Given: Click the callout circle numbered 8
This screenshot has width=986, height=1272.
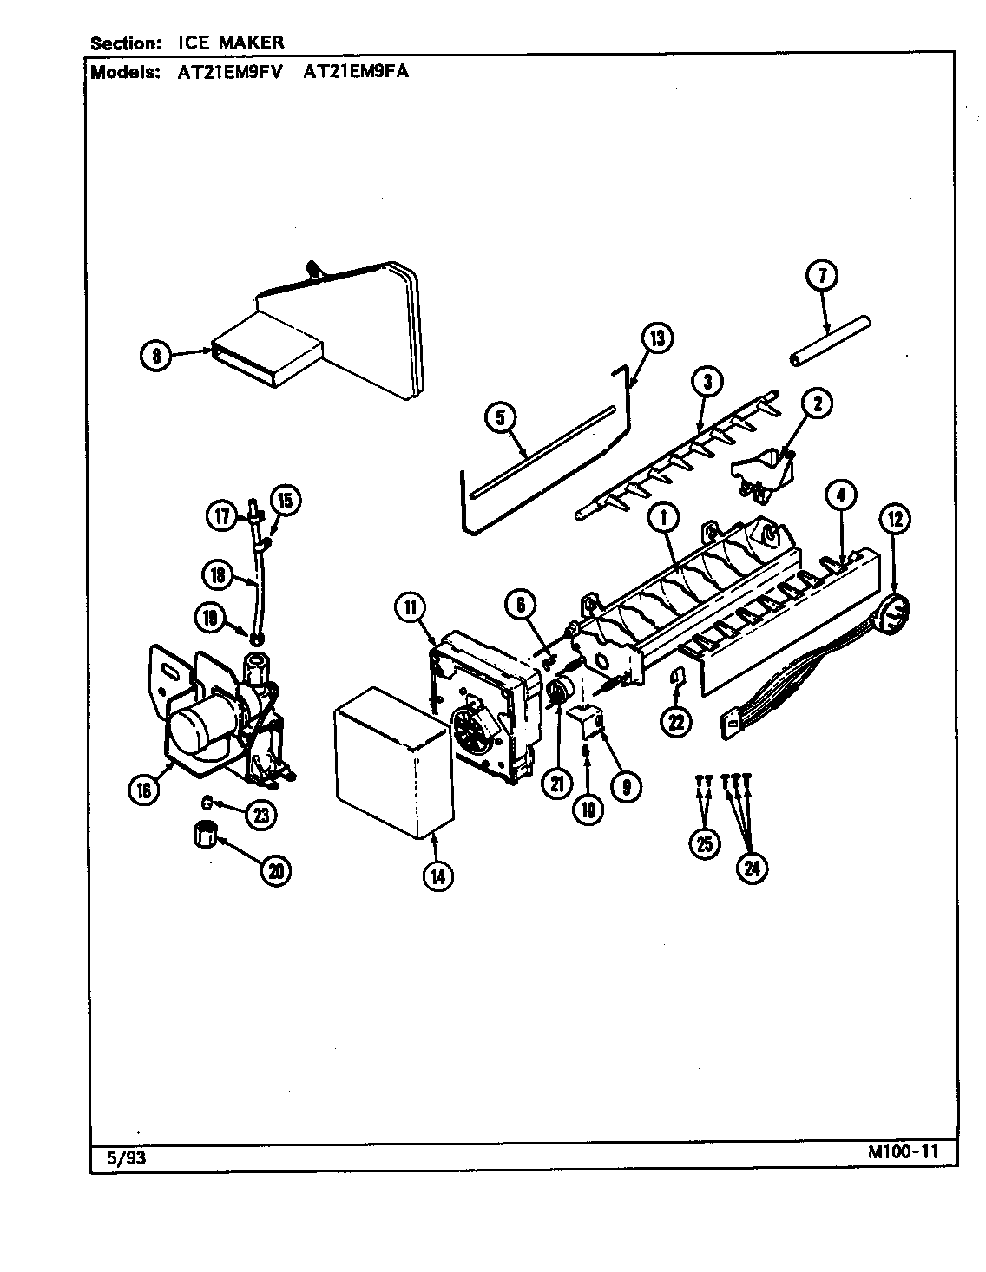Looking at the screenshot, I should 156,354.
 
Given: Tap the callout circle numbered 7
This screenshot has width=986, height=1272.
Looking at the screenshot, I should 822,276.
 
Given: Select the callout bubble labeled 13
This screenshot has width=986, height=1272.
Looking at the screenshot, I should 657,338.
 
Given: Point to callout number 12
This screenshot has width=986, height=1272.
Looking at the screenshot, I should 894,520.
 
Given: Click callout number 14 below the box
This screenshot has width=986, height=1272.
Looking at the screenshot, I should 437,875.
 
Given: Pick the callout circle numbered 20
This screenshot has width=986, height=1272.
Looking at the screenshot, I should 276,870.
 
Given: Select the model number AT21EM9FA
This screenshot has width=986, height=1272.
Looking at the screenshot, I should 356,73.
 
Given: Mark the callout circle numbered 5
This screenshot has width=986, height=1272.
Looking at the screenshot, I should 500,417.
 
